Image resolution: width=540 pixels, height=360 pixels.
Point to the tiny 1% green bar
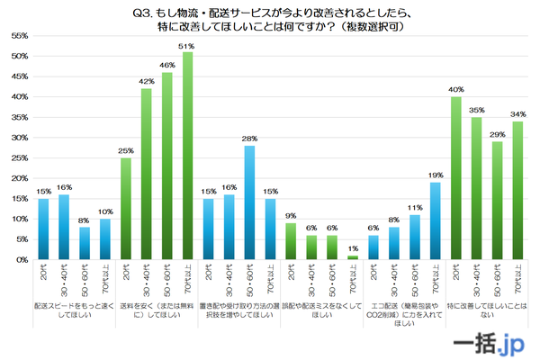click(353, 257)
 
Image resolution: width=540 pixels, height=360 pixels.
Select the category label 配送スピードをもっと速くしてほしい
click(74, 310)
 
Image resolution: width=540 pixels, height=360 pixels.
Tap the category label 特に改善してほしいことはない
click(487, 310)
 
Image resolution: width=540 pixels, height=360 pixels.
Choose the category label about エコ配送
click(404, 314)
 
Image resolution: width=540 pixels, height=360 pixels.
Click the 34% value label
click(518, 114)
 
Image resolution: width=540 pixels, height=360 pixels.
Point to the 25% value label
click(125, 150)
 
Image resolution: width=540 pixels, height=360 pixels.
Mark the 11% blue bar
click(415, 237)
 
